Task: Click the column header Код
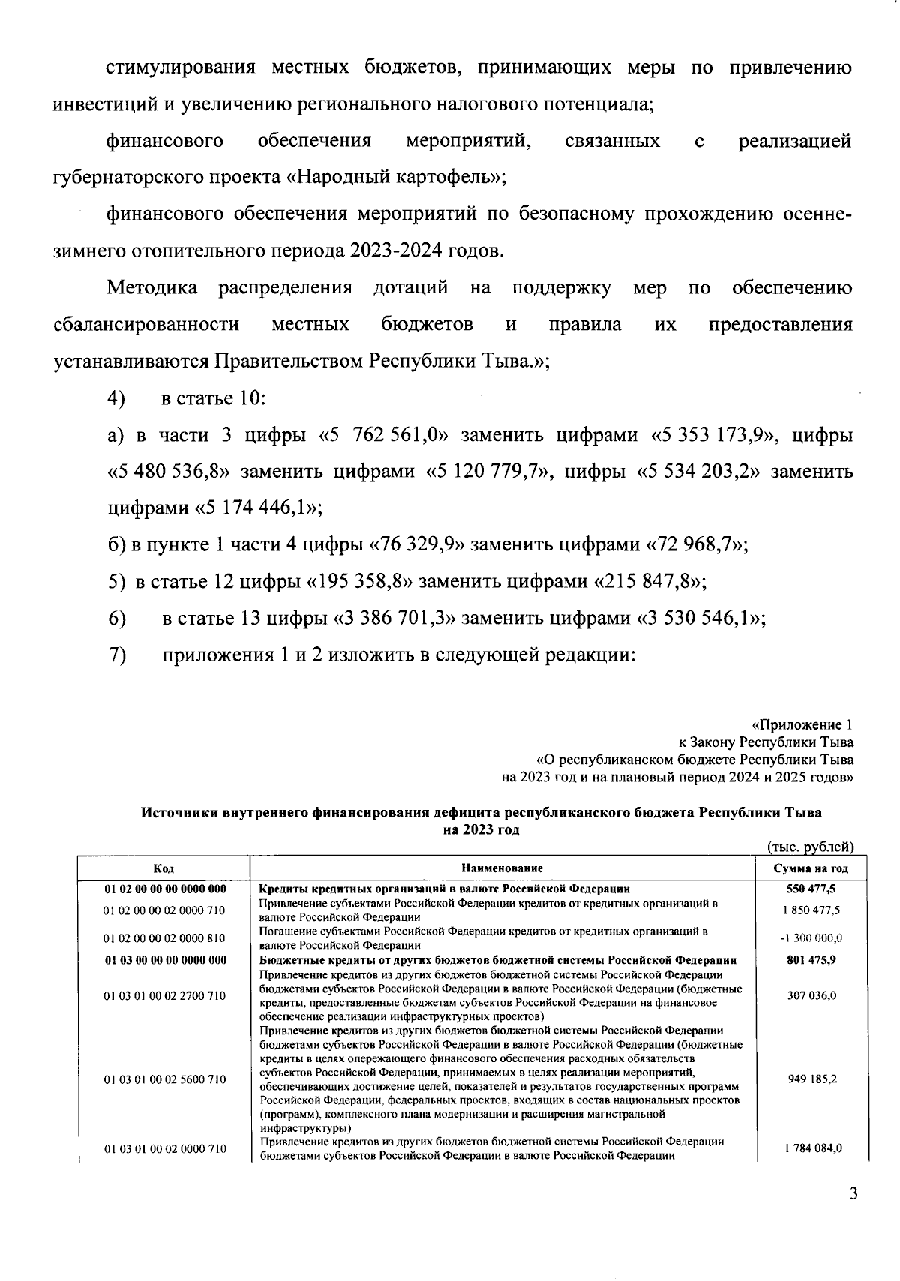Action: click(163, 868)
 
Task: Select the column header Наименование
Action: click(502, 868)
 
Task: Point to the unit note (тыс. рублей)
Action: click(811, 847)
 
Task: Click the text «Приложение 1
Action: click(801, 725)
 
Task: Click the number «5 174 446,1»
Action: click(259, 508)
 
